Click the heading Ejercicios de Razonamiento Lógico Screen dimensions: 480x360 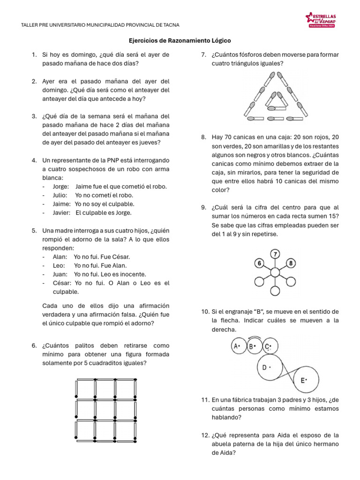pos(180,41)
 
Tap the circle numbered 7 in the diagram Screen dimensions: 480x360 pos(275,255)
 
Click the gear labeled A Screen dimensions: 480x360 pos(237,347)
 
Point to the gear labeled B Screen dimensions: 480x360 pos(254,347)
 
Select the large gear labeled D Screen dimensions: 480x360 pos(269,368)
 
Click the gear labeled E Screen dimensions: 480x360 pos(302,380)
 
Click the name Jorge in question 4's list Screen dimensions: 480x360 pos(60,186)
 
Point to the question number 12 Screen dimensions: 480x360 pos(204,435)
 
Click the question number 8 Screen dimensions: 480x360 pos(204,137)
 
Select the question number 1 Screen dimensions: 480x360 pos(35,55)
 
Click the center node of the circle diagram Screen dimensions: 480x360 pos(275,273)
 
